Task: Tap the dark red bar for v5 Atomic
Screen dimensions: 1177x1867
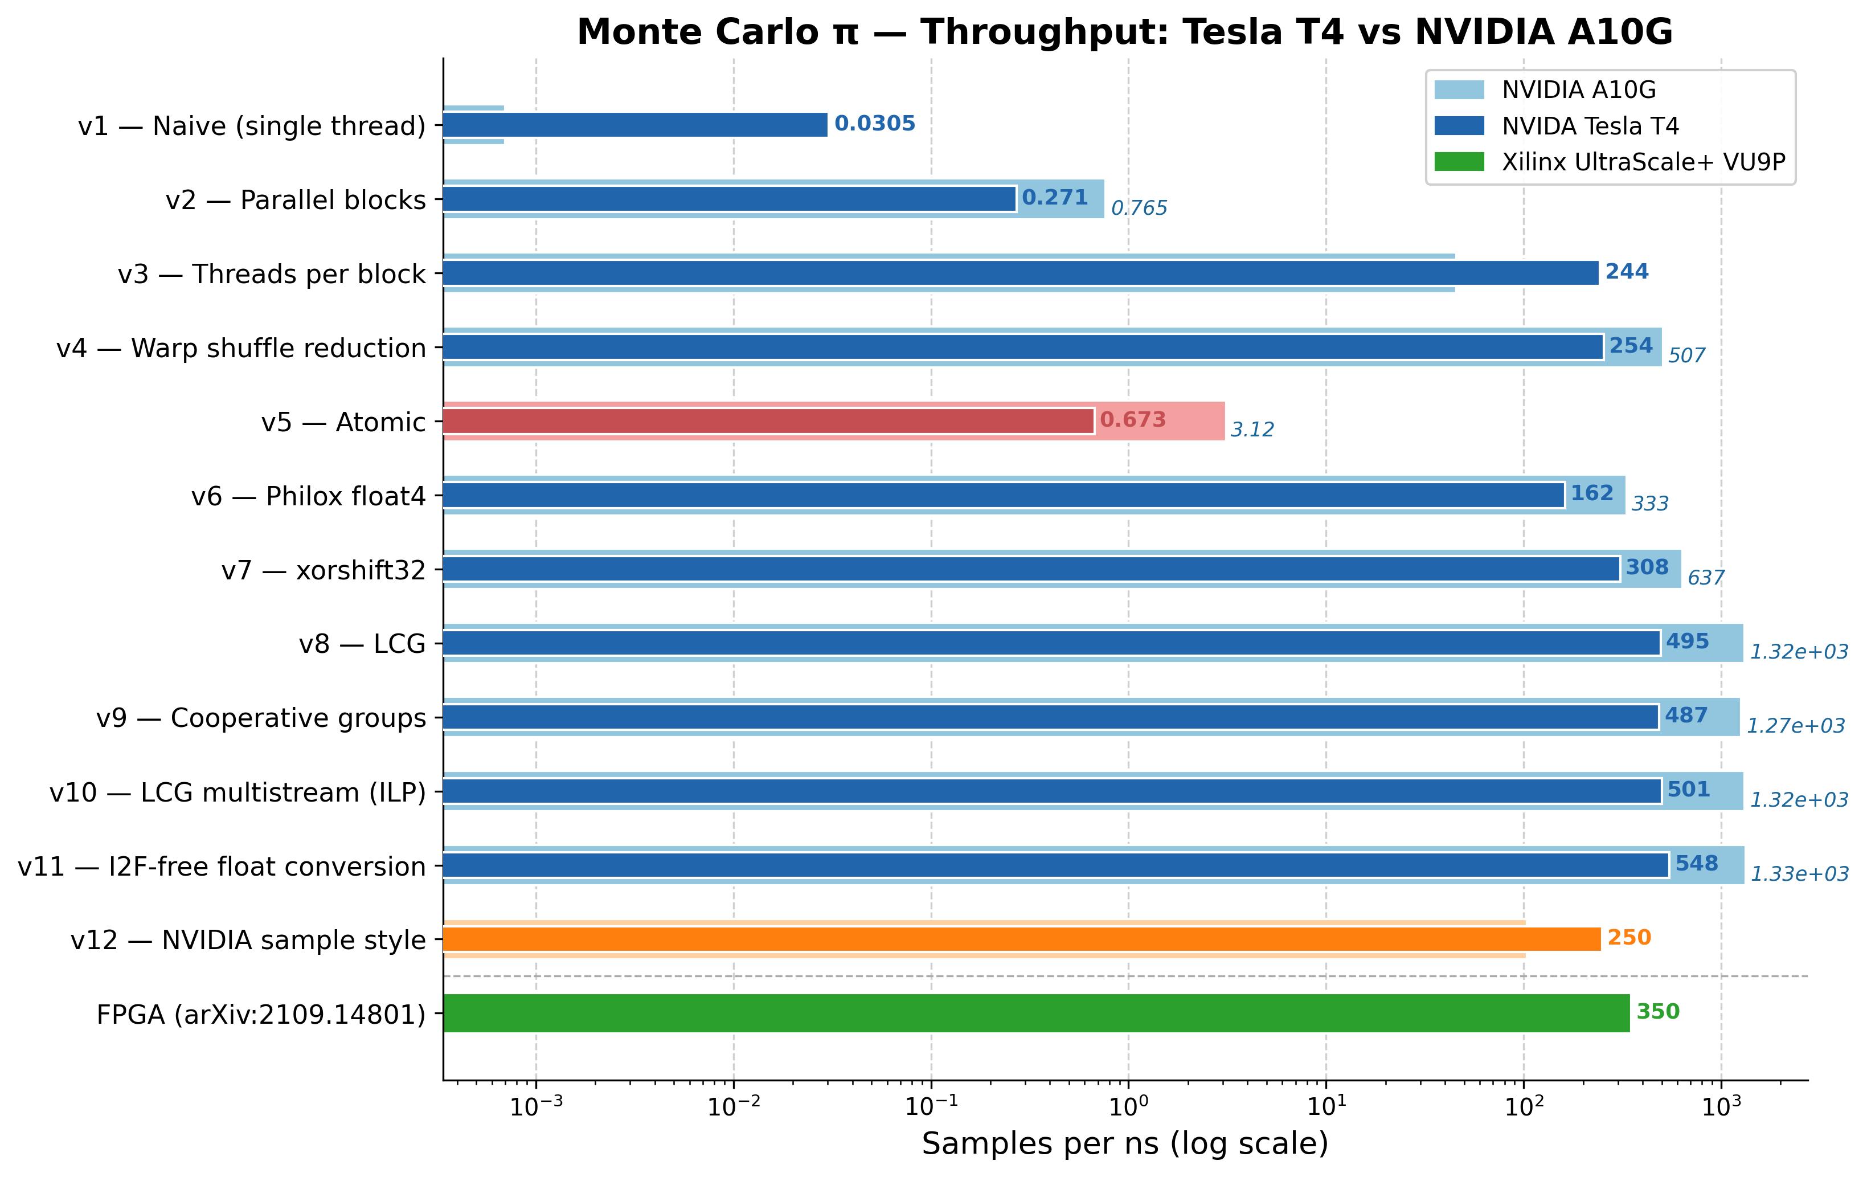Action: pyautogui.click(x=768, y=421)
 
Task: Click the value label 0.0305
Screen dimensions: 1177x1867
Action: pyautogui.click(x=875, y=124)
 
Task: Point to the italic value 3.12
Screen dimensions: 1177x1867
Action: pyautogui.click(x=1252, y=430)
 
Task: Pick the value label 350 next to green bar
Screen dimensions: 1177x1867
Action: pyautogui.click(x=1657, y=1012)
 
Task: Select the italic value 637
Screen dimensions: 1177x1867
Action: pyautogui.click(x=1706, y=578)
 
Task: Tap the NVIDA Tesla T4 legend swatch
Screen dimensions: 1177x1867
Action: pyautogui.click(x=1459, y=125)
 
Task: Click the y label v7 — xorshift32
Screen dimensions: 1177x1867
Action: pyautogui.click(x=324, y=571)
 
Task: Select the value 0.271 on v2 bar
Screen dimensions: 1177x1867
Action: pyautogui.click(x=1054, y=198)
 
